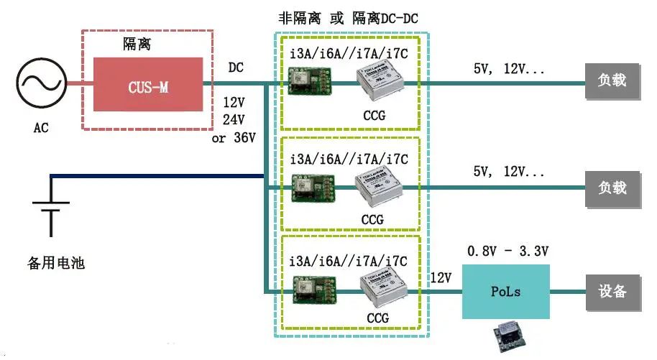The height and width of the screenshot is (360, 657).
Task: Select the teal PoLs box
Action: [505, 292]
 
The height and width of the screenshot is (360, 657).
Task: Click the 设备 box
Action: [612, 291]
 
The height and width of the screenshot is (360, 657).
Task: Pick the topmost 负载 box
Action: [612, 80]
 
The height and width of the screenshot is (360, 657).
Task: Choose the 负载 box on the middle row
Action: [612, 188]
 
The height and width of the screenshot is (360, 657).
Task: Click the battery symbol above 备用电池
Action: [51, 205]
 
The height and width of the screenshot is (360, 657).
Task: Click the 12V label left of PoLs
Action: [441, 277]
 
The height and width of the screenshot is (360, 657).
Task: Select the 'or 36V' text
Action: [234, 137]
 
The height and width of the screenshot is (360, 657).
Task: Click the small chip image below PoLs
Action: [507, 336]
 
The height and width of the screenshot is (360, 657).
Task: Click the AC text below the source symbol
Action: [41, 128]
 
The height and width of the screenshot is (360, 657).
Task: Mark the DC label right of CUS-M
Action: [236, 68]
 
